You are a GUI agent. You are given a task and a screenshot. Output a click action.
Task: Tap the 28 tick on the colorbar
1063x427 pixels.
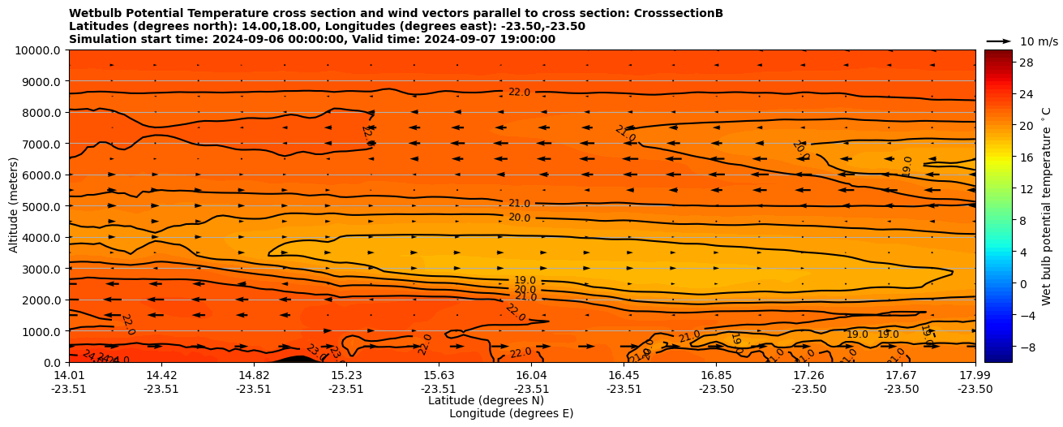(x=1025, y=63)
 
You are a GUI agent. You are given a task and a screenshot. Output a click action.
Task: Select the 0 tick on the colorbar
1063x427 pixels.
(x=1022, y=283)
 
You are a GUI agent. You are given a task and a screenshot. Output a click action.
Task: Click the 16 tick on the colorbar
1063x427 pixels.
(x=1025, y=157)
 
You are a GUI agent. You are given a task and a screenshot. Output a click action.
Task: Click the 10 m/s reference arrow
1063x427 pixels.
(x=999, y=41)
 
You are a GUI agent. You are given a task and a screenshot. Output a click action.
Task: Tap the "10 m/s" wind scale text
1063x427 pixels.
(x=1039, y=41)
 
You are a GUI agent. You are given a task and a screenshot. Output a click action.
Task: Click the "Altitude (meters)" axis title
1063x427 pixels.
(x=14, y=206)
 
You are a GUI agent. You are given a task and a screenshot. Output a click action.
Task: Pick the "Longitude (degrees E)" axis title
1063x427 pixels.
(x=511, y=413)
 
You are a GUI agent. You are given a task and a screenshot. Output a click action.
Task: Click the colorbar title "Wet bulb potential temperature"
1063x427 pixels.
(x=1047, y=206)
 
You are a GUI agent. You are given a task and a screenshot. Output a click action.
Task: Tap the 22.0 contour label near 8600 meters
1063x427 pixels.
(x=519, y=93)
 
